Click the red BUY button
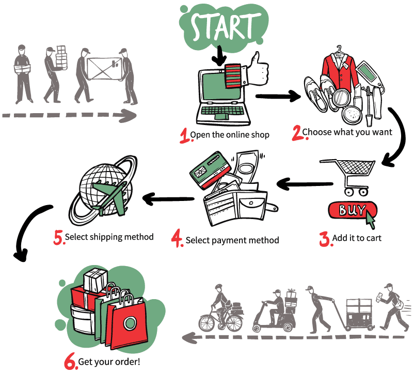[x=351, y=211]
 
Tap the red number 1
[x=184, y=135]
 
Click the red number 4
[x=177, y=239]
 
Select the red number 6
[x=71, y=362]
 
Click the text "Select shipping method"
[x=109, y=238]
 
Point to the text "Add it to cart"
[x=357, y=239]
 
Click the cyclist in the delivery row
[x=219, y=310]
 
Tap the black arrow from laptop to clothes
[x=279, y=96]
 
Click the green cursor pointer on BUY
[x=371, y=221]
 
